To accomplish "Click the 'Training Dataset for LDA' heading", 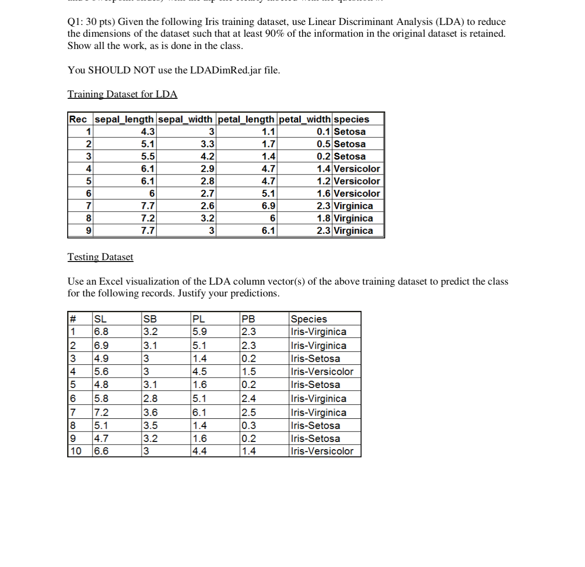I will [122, 94].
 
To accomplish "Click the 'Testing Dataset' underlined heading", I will [100, 257].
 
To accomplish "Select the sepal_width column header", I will [185, 119].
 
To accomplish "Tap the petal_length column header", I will [246, 119].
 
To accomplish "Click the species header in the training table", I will [351, 119].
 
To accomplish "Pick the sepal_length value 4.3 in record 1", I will [148, 132].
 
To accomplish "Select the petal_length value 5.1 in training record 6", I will [268, 194].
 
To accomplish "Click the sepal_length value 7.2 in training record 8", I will [148, 218].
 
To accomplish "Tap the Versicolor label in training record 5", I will [357, 181].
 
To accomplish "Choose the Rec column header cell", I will [78, 119].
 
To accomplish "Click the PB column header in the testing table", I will [249, 319].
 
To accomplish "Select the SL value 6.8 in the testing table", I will [101, 332].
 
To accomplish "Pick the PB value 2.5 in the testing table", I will [249, 412].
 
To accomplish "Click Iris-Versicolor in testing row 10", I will [322, 451].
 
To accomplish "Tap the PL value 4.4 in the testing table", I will [200, 451].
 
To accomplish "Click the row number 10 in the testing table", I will [76, 451].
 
